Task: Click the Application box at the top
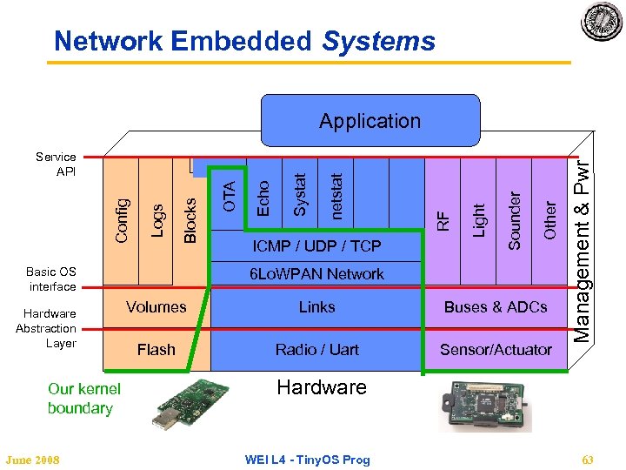click(x=370, y=121)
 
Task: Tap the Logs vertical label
click(x=157, y=215)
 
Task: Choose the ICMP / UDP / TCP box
click(x=316, y=247)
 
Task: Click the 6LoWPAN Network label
click(x=316, y=274)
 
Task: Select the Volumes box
click(x=156, y=306)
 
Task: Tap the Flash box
click(x=156, y=349)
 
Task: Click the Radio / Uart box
click(x=316, y=349)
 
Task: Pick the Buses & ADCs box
click(x=496, y=306)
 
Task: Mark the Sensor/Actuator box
click(x=496, y=349)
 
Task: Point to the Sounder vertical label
click(x=514, y=220)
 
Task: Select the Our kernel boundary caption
click(x=83, y=399)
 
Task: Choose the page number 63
click(x=588, y=460)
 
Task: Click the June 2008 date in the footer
click(x=32, y=460)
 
